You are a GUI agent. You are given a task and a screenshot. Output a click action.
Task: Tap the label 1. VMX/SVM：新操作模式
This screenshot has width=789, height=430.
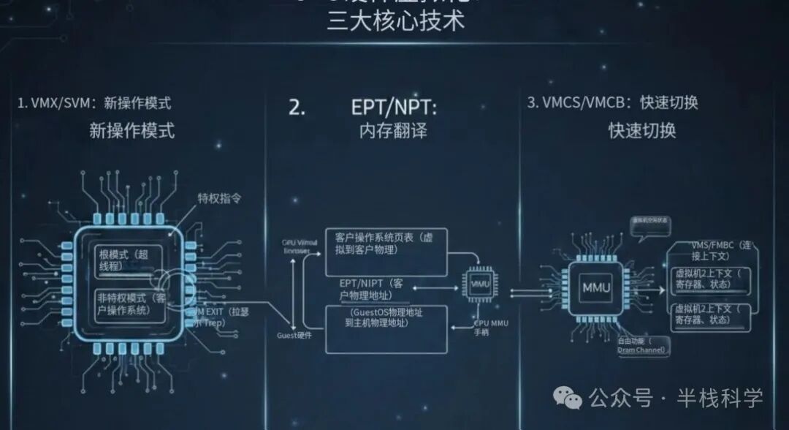94,103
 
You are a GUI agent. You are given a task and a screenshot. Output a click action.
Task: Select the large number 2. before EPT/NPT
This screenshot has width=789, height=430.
297,107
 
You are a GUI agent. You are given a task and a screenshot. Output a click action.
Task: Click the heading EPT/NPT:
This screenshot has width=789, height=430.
394,107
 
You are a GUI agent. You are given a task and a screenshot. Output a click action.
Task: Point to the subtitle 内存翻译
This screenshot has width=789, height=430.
393,131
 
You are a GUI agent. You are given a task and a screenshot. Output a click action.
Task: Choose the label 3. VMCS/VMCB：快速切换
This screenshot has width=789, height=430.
612,102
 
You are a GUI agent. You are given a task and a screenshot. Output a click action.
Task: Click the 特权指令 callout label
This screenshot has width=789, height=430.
218,198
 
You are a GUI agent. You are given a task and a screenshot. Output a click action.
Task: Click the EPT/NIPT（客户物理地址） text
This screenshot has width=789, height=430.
383,288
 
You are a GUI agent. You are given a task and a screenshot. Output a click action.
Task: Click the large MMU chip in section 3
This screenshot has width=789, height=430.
595,287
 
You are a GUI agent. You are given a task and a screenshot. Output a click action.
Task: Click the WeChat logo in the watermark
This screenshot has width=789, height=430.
567,398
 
